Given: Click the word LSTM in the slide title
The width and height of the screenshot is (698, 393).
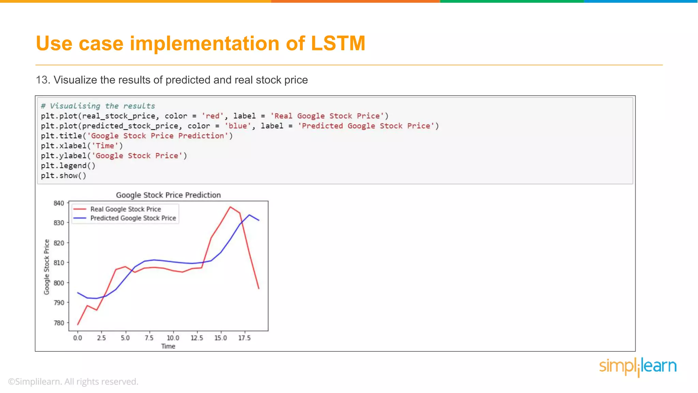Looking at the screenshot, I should click(338, 44).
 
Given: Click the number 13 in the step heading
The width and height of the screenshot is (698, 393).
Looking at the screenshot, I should click(43, 80).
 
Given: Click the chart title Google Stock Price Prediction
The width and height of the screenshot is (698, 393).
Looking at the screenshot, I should click(168, 195).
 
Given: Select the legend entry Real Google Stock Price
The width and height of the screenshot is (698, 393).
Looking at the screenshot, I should click(125, 209).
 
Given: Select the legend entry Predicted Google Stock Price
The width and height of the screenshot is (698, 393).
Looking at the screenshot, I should click(133, 218).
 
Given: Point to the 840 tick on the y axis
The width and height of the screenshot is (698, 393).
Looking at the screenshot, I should click(59, 203).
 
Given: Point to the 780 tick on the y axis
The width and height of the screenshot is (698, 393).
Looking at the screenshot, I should click(59, 323).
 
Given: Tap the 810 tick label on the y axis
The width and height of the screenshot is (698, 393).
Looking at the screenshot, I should click(59, 263).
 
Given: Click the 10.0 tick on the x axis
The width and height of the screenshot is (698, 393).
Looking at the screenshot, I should click(173, 338).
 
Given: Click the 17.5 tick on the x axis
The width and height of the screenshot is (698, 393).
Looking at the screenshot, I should click(244, 338).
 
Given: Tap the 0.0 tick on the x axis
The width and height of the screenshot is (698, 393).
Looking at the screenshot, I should click(78, 338).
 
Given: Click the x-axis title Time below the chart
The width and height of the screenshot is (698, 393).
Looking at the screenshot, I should click(168, 346).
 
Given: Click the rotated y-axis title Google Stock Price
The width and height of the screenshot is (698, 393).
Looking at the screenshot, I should click(47, 267).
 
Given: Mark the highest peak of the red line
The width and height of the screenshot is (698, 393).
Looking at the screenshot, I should click(230, 207).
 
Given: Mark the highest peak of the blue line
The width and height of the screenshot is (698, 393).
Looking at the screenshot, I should click(249, 215).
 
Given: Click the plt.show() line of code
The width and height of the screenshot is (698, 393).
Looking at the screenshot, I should click(64, 176).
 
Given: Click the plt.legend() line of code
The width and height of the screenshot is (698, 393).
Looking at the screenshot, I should click(68, 166).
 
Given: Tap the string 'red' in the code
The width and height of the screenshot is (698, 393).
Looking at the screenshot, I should click(213, 116).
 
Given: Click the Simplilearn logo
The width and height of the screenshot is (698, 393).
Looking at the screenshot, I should click(638, 367).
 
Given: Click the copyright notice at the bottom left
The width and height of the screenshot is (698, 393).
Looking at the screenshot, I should click(73, 381).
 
